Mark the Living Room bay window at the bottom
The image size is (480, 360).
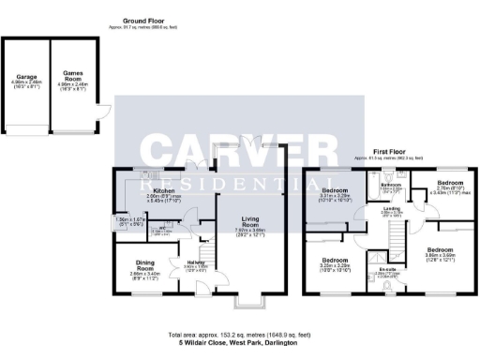[x=248, y=304]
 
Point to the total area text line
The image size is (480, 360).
[x=239, y=334]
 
